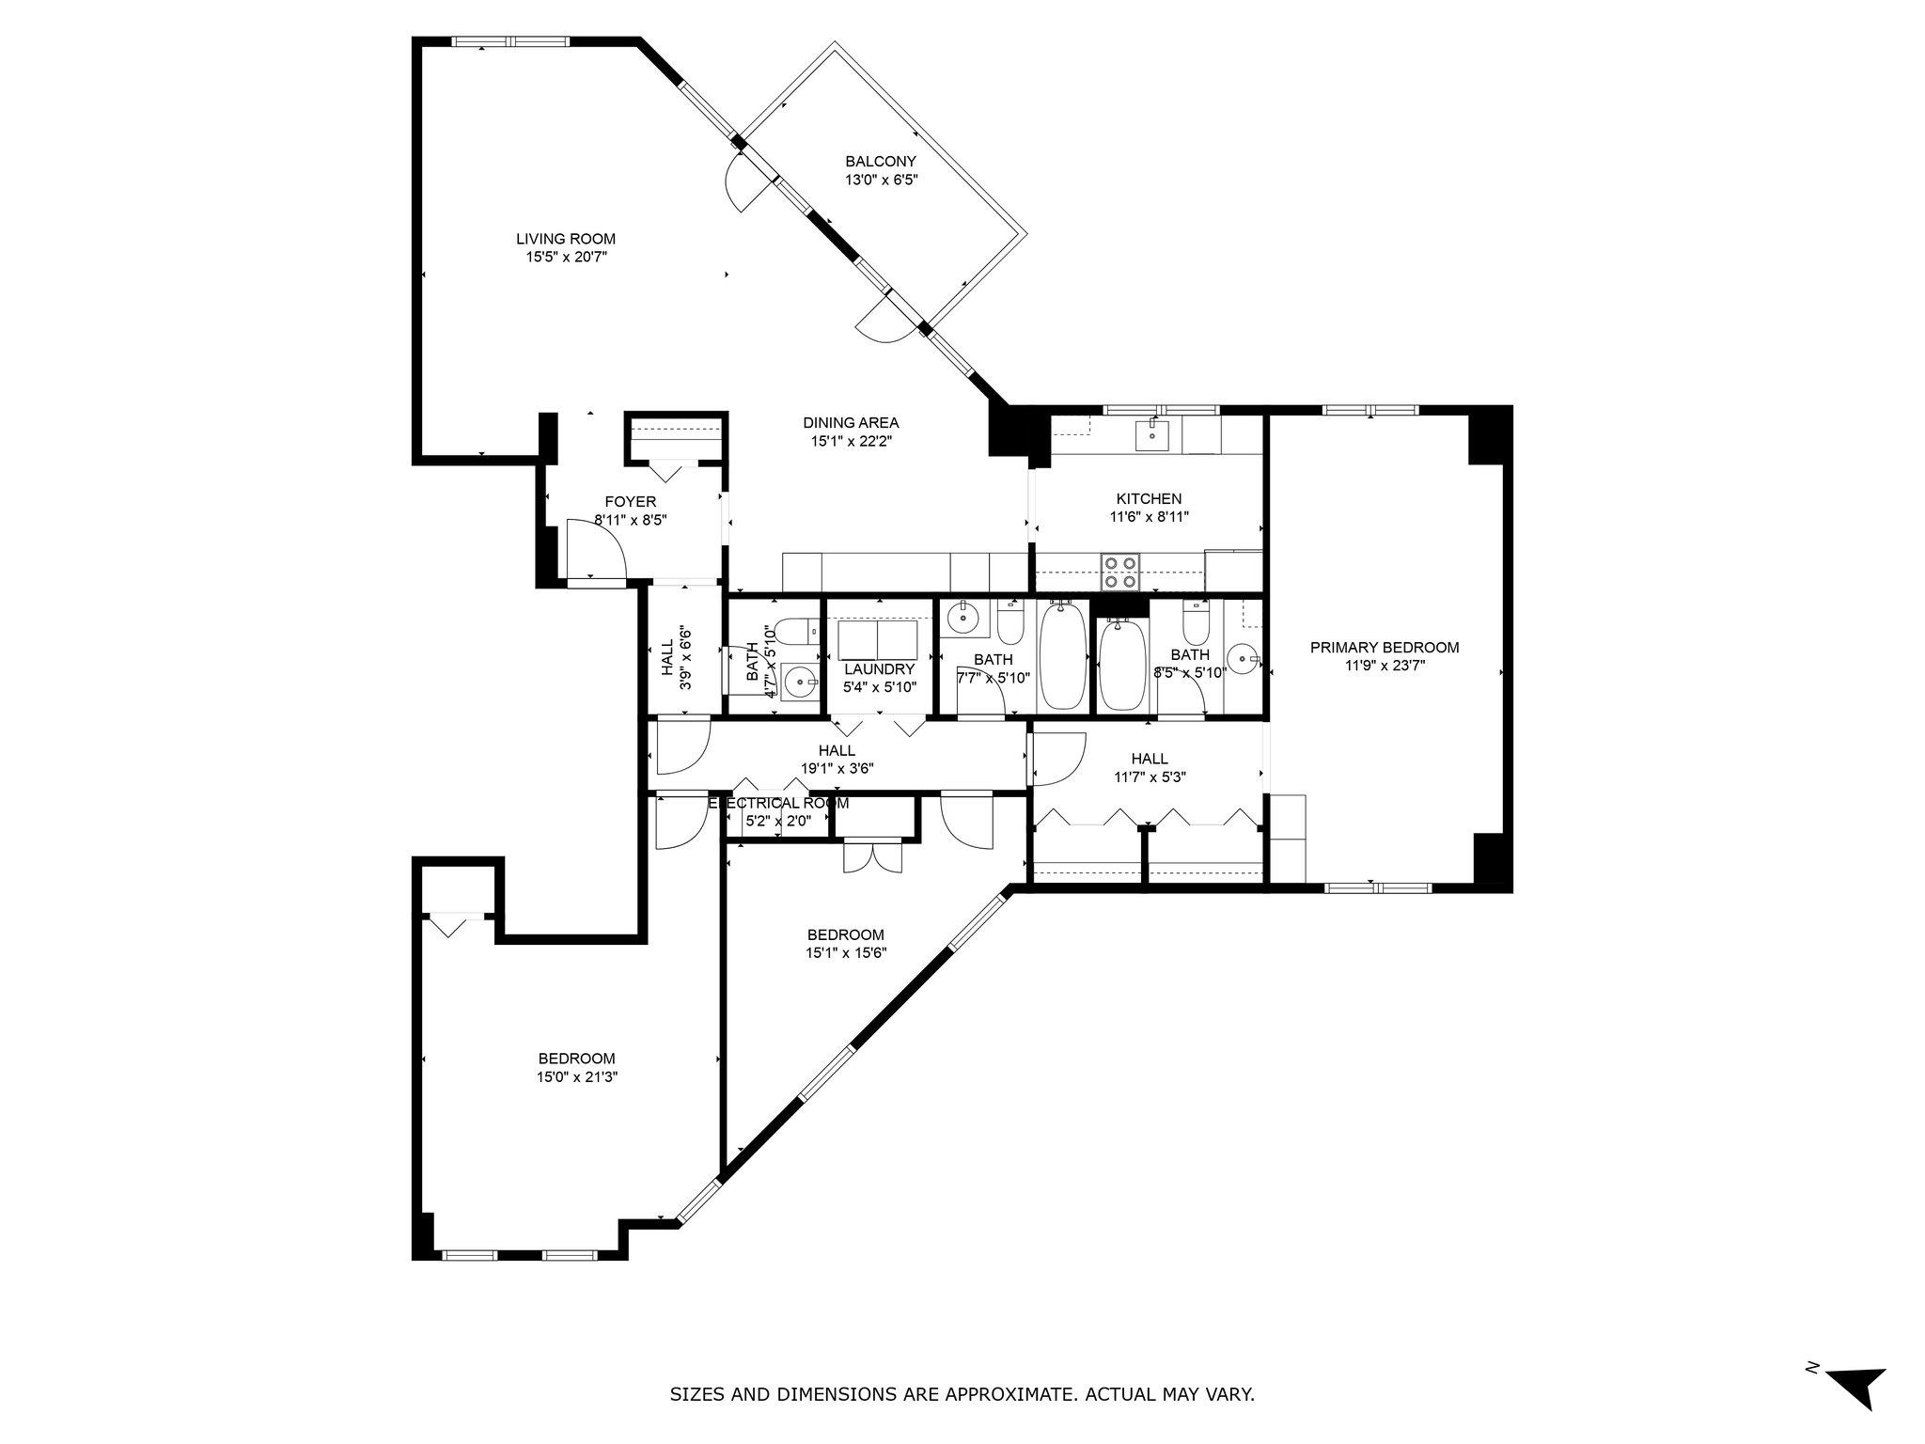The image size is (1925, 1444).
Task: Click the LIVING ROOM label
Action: pos(565,239)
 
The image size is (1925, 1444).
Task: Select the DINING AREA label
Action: pos(851,423)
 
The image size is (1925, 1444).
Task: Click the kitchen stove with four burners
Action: pos(1120,572)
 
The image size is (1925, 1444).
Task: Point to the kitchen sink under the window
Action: pos(1151,434)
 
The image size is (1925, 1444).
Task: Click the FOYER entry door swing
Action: pos(596,551)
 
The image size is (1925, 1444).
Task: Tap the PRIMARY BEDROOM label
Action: pos(1385,647)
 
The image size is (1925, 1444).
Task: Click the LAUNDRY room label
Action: pos(879,669)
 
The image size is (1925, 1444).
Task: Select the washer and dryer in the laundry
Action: pos(877,639)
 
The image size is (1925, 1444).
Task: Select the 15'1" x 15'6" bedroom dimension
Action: pos(846,952)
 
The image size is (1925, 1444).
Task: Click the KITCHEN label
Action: pos(1149,499)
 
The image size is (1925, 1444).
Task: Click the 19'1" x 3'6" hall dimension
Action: pos(837,768)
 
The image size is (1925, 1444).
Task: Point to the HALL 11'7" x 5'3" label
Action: pos(1150,759)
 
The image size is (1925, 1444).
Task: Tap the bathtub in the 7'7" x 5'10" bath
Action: pos(1063,658)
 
